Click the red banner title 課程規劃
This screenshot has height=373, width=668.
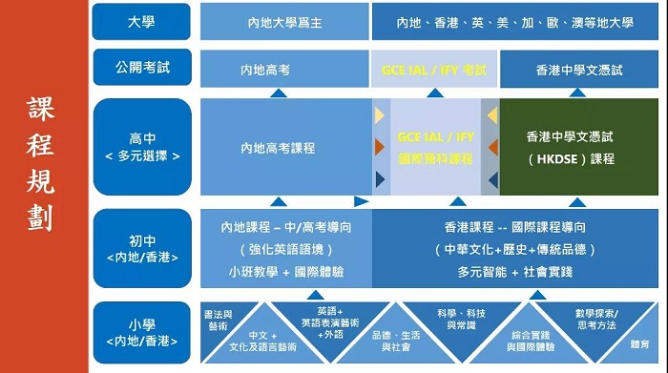(x=40, y=164)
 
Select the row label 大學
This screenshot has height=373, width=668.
(x=141, y=22)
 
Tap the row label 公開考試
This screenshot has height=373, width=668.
(x=142, y=68)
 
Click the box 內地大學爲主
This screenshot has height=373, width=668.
(x=284, y=22)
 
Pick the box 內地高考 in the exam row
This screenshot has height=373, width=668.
(x=284, y=69)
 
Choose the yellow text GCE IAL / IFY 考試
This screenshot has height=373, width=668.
(x=434, y=70)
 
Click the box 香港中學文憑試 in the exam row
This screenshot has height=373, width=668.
(x=579, y=69)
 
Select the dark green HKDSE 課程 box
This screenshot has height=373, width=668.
(x=579, y=147)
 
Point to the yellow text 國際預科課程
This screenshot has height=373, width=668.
(x=435, y=158)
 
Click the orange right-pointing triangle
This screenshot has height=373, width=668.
(x=380, y=147)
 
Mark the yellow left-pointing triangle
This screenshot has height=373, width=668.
(x=492, y=115)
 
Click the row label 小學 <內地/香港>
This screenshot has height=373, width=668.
(x=142, y=333)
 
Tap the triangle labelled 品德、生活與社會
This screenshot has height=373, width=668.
(x=396, y=341)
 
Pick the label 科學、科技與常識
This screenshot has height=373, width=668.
(x=461, y=320)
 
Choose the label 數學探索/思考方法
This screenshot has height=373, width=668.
(x=596, y=320)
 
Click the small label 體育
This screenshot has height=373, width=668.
(x=640, y=344)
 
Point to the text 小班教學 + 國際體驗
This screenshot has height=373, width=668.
(x=286, y=272)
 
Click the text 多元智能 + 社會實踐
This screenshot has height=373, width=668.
(x=515, y=272)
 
